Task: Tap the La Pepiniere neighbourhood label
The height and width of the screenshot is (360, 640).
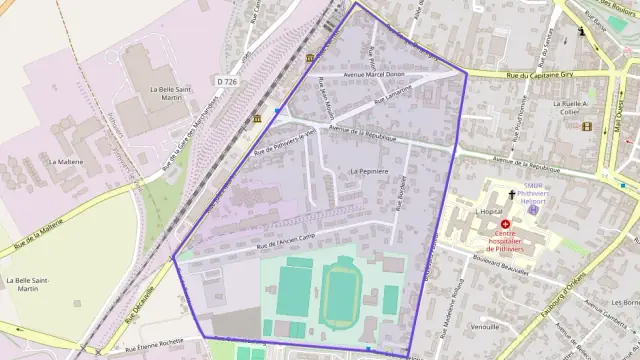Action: coord(368,171)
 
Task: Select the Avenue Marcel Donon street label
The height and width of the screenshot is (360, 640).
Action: coord(373,74)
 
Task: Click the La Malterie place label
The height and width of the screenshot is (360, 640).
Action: coord(67,160)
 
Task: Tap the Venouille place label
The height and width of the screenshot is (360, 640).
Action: coord(484,325)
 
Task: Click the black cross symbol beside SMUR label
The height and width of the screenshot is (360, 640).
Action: coord(513,194)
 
